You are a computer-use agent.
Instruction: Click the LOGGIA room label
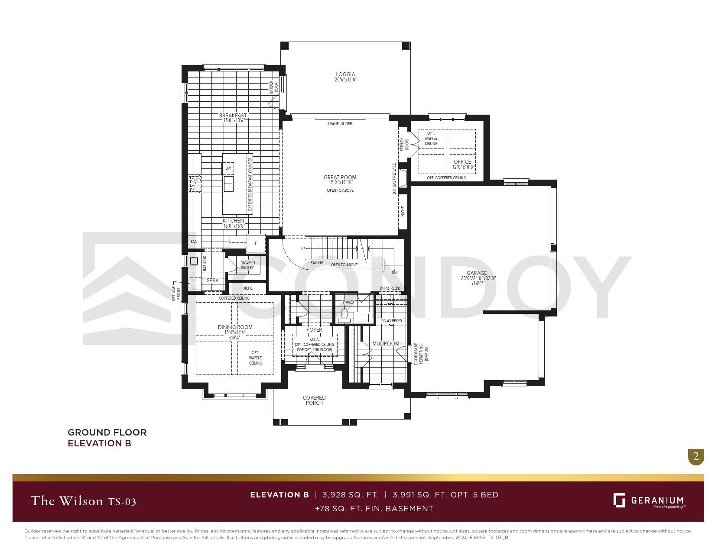(345, 74)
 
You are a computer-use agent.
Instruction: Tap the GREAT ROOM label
(340, 178)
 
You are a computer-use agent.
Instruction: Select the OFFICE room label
(462, 162)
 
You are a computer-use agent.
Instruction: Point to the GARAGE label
(477, 273)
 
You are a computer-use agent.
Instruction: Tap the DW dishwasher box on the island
(228, 168)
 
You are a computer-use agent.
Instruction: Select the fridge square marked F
(256, 243)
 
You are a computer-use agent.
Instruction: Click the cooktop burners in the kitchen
(195, 184)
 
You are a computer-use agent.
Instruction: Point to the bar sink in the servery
(194, 261)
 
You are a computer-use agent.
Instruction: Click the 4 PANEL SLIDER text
(339, 124)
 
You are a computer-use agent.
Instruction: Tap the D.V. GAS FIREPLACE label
(394, 179)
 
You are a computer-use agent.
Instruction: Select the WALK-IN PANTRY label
(248, 265)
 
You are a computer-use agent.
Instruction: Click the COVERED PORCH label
(314, 400)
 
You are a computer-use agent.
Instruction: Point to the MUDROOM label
(386, 344)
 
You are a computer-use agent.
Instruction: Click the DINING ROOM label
(235, 327)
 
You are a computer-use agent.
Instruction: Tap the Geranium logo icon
(619, 500)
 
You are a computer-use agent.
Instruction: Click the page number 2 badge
(696, 456)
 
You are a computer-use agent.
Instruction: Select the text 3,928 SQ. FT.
(350, 494)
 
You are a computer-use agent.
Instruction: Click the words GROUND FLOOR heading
(107, 432)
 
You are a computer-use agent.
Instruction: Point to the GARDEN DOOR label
(274, 87)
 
